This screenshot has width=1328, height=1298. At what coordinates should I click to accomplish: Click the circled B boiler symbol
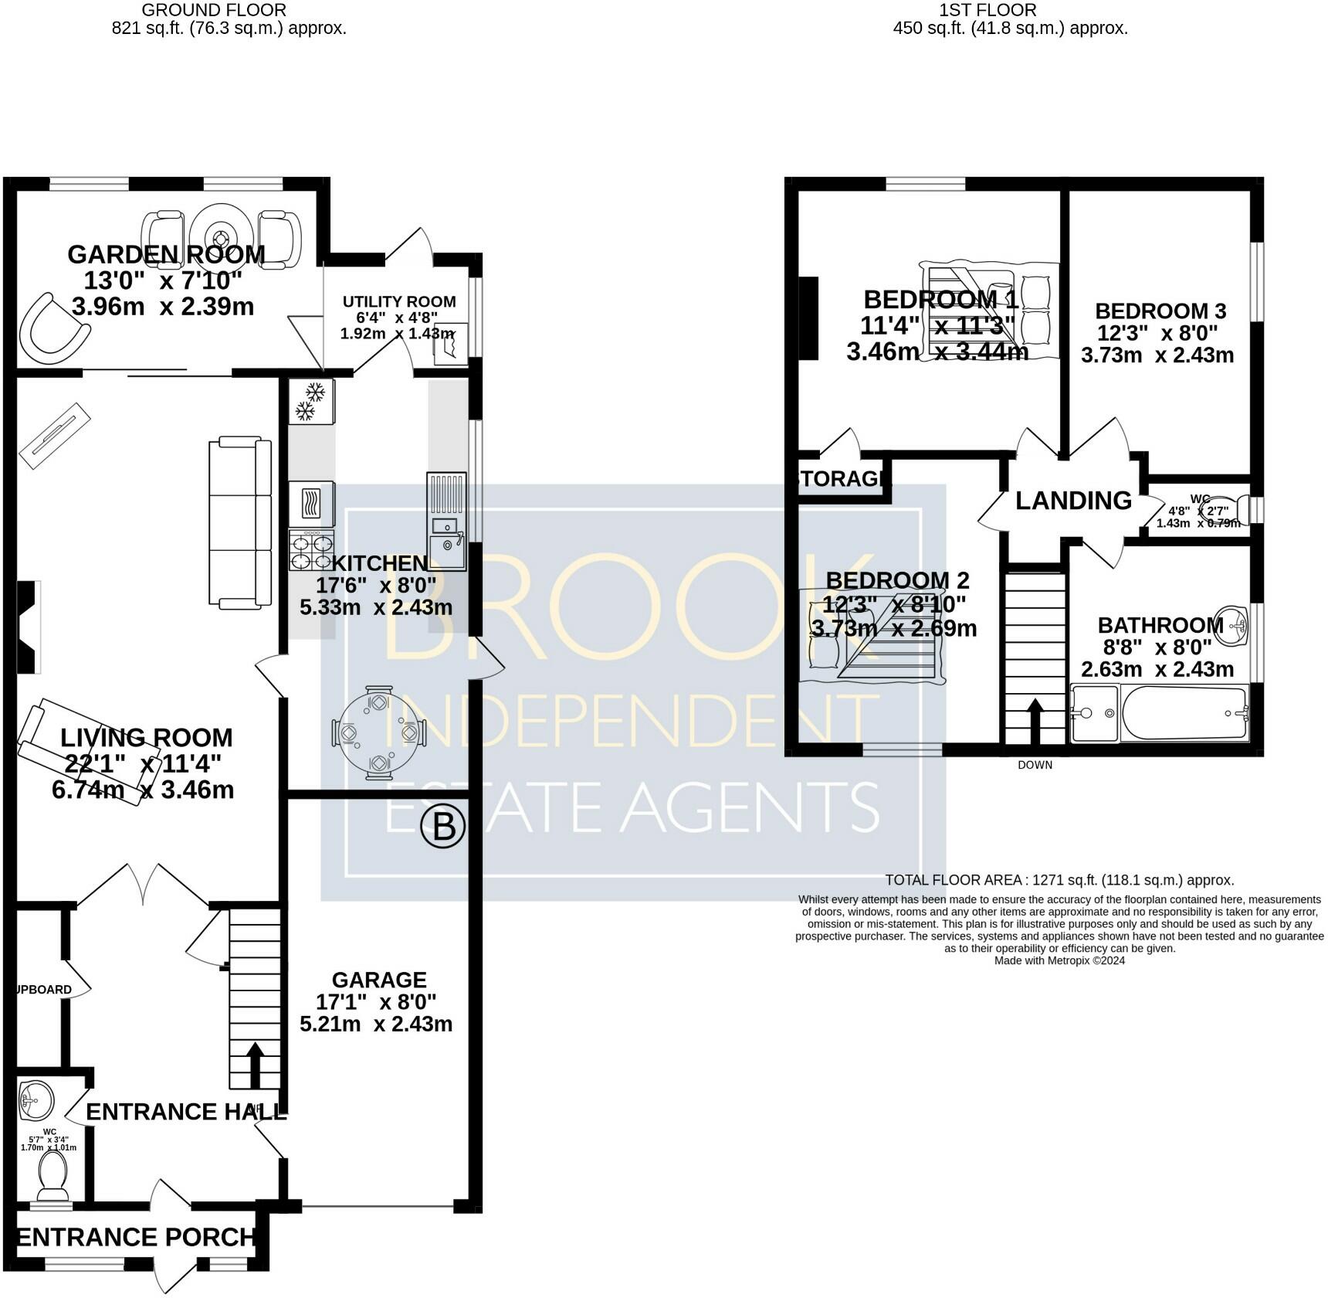(x=443, y=827)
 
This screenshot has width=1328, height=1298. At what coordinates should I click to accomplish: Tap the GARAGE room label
(x=378, y=980)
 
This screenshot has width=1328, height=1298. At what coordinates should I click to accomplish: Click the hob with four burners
(x=311, y=550)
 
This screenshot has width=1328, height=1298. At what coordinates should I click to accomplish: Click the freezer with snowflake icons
(x=311, y=402)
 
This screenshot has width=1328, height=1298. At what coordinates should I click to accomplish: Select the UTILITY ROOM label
(x=399, y=301)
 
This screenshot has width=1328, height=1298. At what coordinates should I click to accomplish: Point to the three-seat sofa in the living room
(x=240, y=522)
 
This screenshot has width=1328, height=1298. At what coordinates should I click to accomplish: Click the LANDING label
(x=1072, y=501)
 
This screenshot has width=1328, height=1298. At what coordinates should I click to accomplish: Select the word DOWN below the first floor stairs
(x=1035, y=765)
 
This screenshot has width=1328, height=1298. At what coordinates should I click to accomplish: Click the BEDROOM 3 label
(x=1160, y=311)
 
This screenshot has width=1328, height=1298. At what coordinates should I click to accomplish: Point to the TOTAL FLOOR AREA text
(x=1059, y=880)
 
